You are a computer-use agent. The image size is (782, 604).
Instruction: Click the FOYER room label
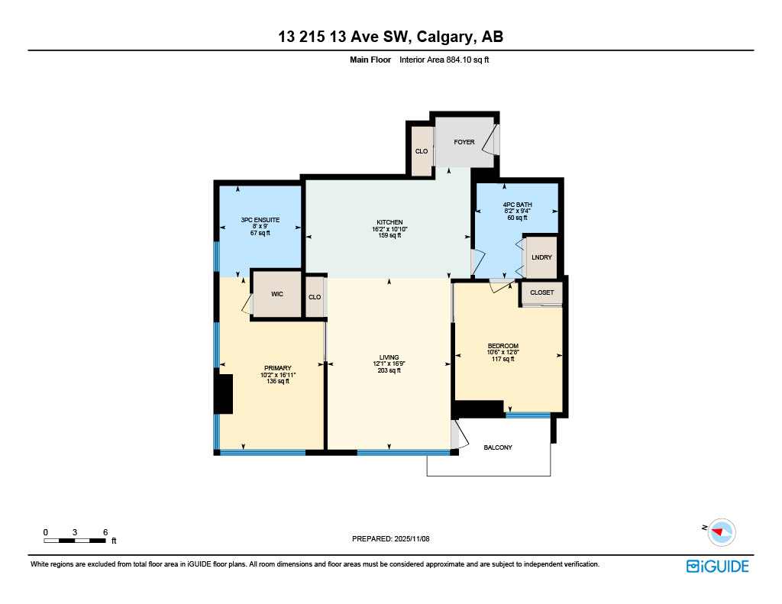[464, 142]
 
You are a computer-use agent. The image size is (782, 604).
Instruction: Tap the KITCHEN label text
[389, 222]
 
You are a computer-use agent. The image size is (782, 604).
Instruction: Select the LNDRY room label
[541, 257]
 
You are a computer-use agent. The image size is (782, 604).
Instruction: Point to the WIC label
[278, 295]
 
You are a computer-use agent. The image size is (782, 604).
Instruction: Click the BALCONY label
[498, 447]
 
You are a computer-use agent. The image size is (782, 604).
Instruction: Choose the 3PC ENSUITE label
[260, 220]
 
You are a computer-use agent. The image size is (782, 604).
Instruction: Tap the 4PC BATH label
[517, 204]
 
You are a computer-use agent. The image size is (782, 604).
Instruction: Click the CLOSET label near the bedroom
[541, 292]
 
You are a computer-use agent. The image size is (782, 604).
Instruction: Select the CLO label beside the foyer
[422, 151]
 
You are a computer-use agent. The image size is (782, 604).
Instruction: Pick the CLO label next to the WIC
[314, 297]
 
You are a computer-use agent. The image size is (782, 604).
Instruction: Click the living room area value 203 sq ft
[389, 370]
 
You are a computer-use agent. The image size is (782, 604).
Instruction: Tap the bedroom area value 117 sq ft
[503, 359]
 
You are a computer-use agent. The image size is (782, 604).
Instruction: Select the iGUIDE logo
[717, 566]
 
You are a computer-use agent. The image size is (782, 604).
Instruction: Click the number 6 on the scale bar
[105, 531]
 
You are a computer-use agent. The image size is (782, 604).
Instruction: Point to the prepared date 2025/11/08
[413, 538]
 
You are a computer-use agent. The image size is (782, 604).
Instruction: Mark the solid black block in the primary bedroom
[223, 394]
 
